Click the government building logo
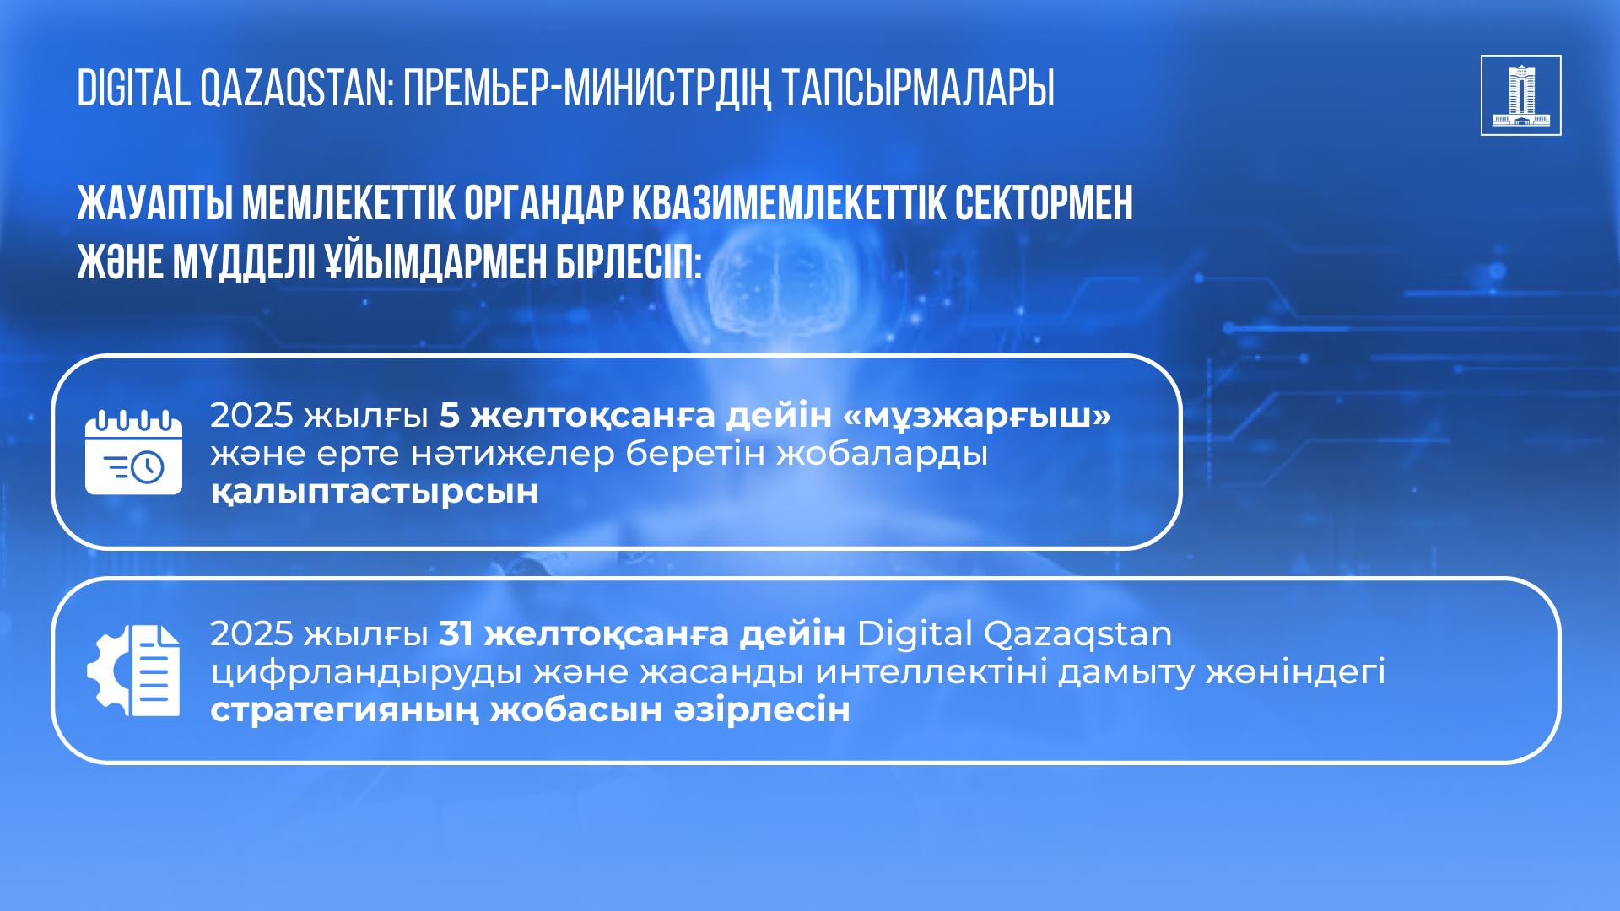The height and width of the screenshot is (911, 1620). tap(1520, 95)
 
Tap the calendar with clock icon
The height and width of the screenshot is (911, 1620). tap(133, 452)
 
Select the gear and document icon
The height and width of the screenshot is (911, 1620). tap(133, 671)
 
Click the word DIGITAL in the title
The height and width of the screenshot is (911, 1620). tap(134, 89)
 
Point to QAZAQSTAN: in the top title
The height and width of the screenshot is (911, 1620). tap(297, 89)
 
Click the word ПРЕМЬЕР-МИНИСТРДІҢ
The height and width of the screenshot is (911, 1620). tap(587, 89)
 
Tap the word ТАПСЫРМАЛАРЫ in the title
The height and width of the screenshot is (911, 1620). tap(918, 89)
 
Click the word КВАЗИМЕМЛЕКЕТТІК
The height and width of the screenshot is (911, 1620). tap(789, 203)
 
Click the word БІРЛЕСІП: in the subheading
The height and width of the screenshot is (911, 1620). tap(629, 262)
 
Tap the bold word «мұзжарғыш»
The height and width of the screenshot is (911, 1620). tap(977, 416)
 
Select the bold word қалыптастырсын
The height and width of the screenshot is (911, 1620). tap(375, 492)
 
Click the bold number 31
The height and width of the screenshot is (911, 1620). tap(456, 633)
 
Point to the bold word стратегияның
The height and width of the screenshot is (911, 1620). tap(344, 710)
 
